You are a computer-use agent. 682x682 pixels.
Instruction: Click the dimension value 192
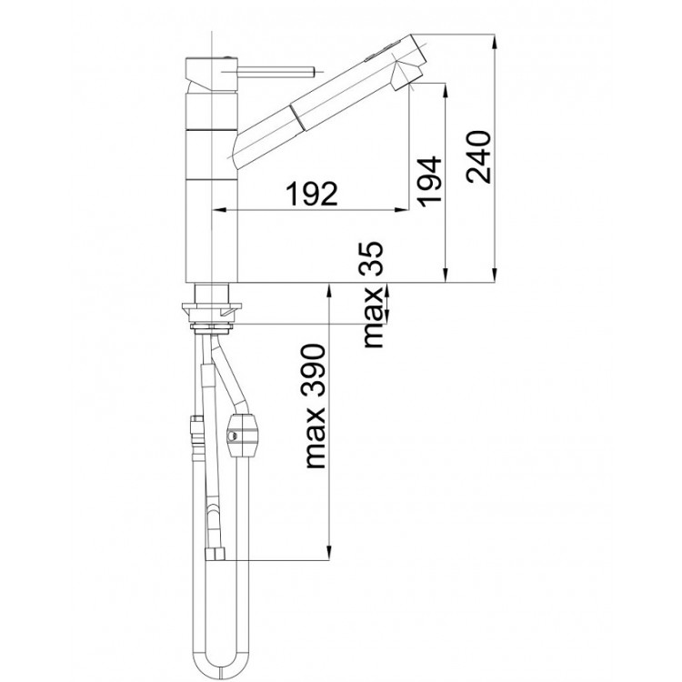pyautogui.click(x=311, y=194)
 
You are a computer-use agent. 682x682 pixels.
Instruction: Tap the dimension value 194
pyautogui.click(x=429, y=180)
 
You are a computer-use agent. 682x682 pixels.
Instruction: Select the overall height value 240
pyautogui.click(x=478, y=156)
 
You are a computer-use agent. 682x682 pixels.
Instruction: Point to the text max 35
pyautogui.click(x=372, y=295)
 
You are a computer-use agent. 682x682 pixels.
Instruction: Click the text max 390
pyautogui.click(x=316, y=406)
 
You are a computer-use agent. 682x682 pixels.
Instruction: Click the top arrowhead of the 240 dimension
pyautogui.click(x=495, y=41)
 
